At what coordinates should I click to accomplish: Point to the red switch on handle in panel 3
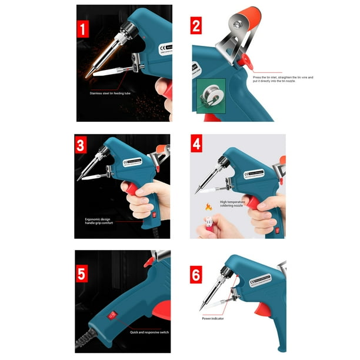[x=155, y=216]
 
